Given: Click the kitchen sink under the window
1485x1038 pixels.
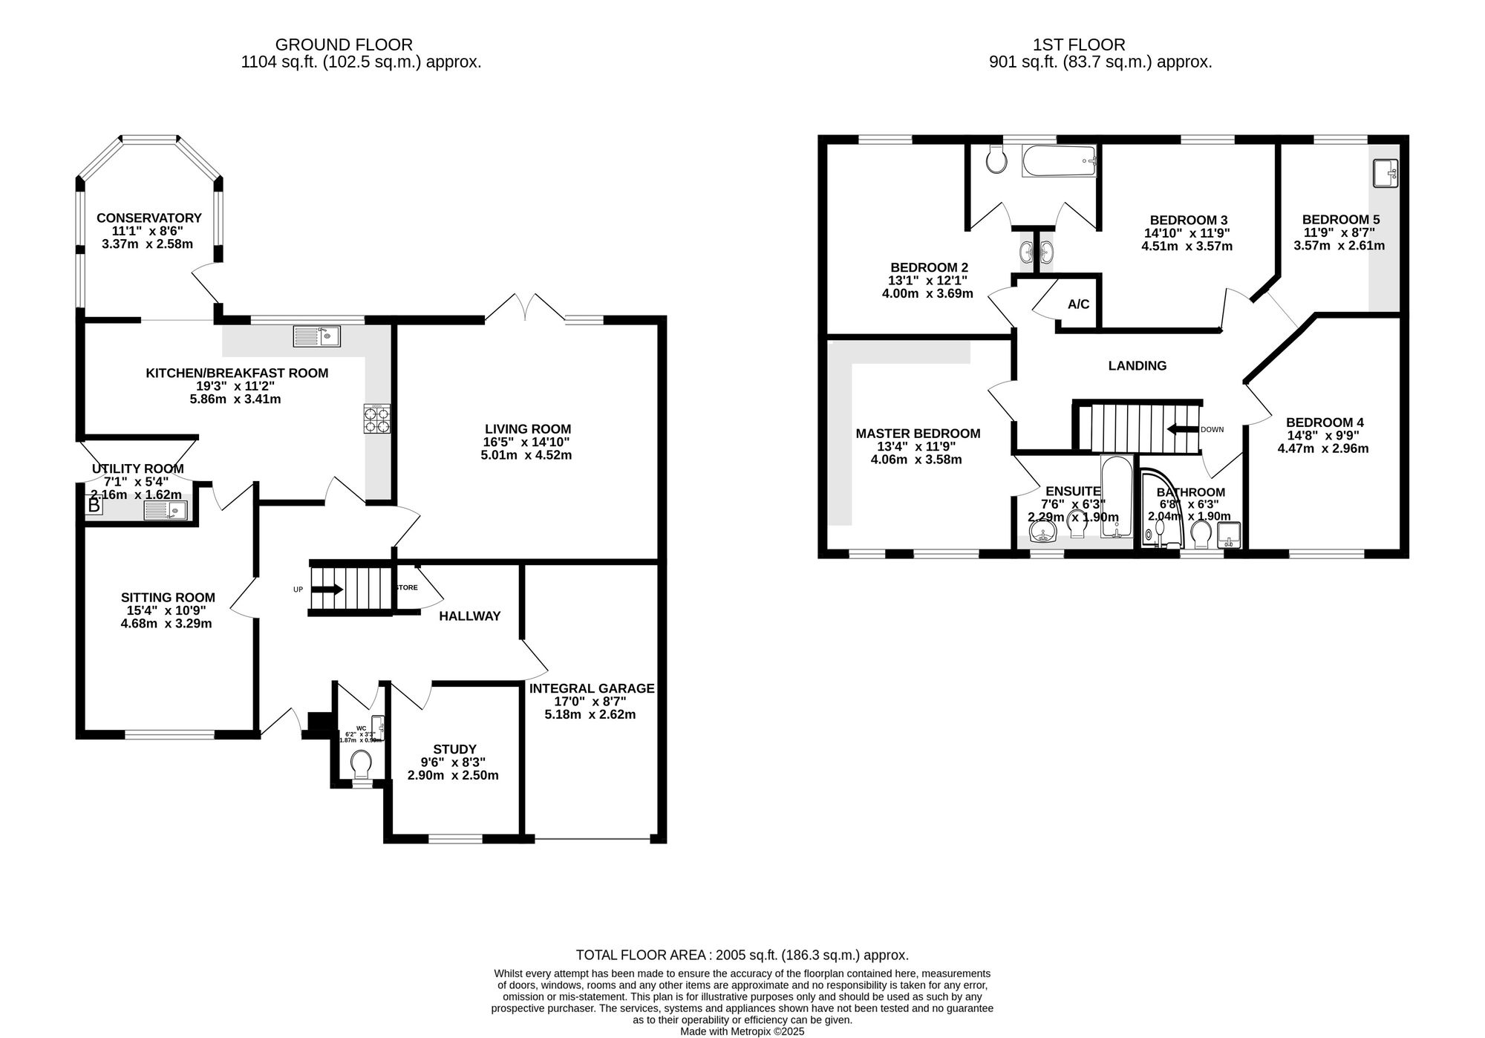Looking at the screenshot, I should click(317, 336).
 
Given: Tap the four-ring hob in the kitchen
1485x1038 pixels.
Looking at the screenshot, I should click(376, 419).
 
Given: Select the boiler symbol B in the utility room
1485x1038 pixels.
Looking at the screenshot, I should click(94, 506).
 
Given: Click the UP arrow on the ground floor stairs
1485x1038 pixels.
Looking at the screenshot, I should click(327, 590).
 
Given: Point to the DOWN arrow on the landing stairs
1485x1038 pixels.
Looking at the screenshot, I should click(1183, 429).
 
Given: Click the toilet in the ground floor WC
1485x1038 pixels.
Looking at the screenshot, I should click(362, 762).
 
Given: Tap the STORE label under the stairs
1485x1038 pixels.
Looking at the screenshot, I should click(406, 587).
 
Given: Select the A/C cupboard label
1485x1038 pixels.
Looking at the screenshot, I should click(1078, 304).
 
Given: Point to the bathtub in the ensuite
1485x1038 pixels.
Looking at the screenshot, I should click(1114, 495).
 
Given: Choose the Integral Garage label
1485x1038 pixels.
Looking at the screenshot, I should click(592, 688).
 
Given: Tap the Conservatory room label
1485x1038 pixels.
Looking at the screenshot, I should click(149, 218).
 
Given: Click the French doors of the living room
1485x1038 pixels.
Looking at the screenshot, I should click(525, 307).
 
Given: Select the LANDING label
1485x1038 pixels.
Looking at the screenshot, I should click(1137, 365).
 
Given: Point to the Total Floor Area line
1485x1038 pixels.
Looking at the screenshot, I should click(742, 955).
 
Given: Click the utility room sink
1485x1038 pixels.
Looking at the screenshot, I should click(165, 510).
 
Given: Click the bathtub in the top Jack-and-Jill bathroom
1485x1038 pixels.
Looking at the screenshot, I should click(1058, 160).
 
